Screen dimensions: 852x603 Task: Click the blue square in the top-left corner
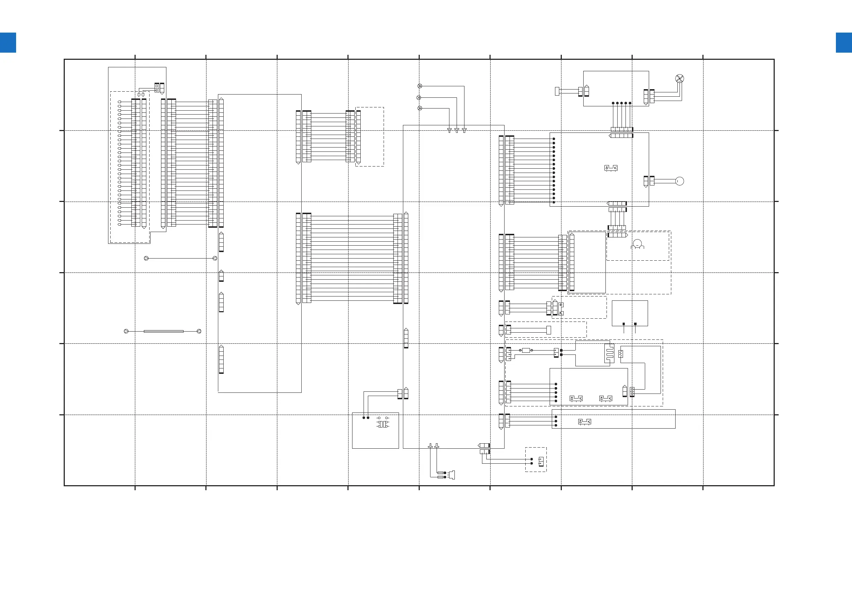tap(8, 43)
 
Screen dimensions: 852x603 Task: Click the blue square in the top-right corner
tap(843, 43)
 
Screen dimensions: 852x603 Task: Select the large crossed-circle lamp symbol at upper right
tap(680, 78)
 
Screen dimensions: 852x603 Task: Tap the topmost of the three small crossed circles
tap(420, 86)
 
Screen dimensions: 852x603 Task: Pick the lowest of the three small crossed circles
tap(420, 108)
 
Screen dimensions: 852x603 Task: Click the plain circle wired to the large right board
tap(680, 181)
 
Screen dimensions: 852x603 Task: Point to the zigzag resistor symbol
tap(620, 354)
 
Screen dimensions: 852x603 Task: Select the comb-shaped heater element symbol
tap(609, 353)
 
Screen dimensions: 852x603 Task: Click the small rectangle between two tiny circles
tap(526, 350)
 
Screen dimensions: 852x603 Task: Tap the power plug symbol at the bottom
tap(451, 475)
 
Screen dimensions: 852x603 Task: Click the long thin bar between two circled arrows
tap(163, 331)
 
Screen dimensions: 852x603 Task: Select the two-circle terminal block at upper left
tap(157, 88)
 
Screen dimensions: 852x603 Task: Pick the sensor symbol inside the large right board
tap(611, 168)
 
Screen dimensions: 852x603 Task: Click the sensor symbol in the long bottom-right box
tap(584, 422)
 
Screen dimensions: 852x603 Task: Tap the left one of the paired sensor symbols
tap(576, 399)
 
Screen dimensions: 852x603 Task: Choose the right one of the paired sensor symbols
tap(605, 399)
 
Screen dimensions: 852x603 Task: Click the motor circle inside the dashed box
tap(637, 243)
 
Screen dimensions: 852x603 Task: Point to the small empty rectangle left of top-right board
tap(557, 91)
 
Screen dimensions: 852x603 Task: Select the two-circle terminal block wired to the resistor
tap(632, 391)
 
